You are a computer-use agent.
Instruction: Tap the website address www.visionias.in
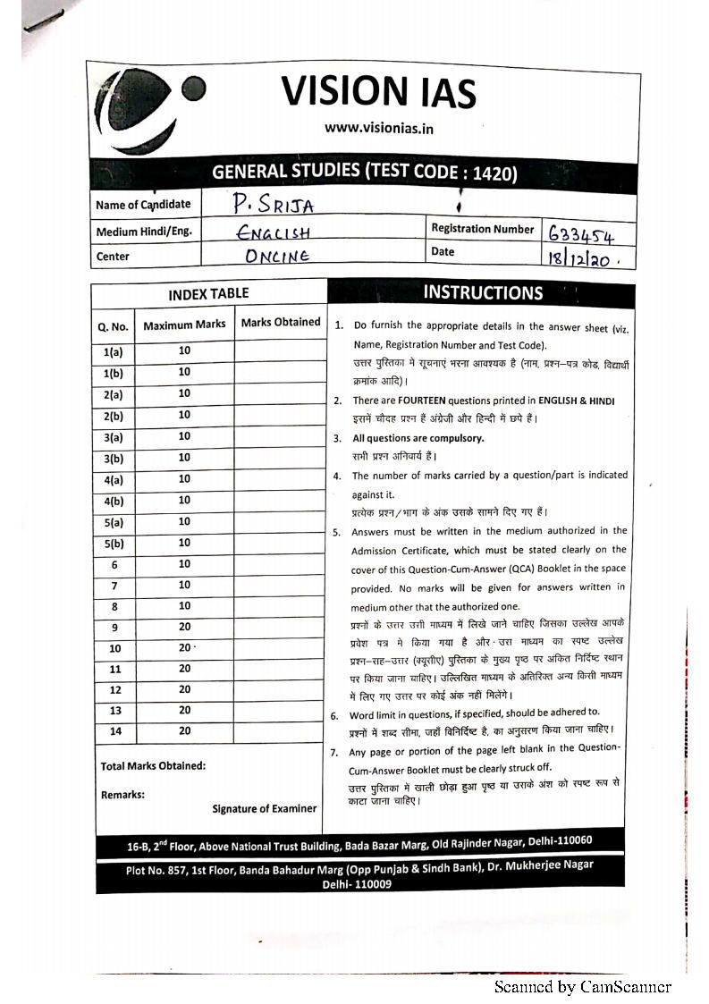379,128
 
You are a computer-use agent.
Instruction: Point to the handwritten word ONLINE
277,257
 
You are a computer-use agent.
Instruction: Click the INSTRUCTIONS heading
483,293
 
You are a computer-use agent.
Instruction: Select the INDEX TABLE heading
208,293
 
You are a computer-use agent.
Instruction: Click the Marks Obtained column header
281,322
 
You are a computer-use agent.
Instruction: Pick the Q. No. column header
114,326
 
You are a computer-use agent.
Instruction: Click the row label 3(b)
114,459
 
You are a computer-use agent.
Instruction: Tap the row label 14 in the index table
114,731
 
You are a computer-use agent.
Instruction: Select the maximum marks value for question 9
184,626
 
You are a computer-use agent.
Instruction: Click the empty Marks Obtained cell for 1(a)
281,351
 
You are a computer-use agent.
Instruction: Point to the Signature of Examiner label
264,808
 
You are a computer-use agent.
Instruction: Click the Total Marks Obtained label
153,766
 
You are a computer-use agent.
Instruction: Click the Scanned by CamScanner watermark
583,987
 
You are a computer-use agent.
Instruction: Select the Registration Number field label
483,229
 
